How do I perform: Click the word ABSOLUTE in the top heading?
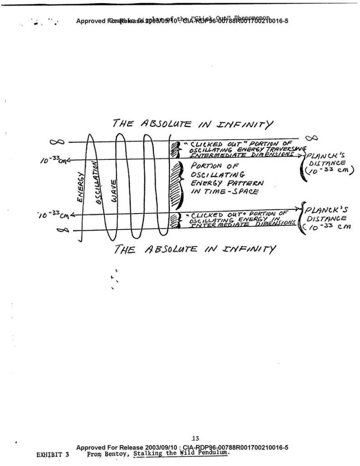[x=165, y=124]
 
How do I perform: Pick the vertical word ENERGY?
[x=81, y=187]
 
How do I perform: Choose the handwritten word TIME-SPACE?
[x=225, y=192]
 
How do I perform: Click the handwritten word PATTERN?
[x=247, y=183]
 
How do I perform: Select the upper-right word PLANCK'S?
[x=327, y=155]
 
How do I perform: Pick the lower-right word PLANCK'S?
[x=326, y=210]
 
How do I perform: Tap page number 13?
[x=195, y=439]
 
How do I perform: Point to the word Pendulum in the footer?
[x=212, y=453]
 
